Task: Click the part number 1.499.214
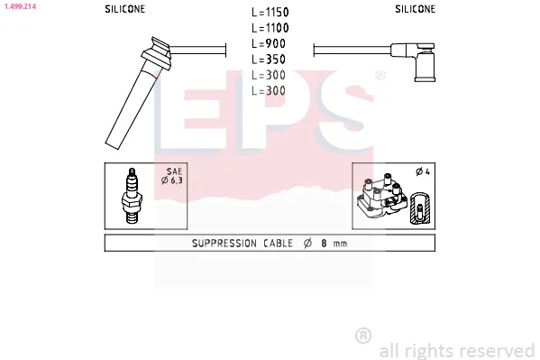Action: [x=20, y=6]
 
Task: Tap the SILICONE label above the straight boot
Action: [x=125, y=9]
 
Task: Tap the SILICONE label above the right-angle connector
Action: [x=415, y=9]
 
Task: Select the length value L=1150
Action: [x=270, y=13]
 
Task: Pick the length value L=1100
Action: [x=270, y=28]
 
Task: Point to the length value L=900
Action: [x=269, y=44]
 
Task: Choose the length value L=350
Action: [x=269, y=60]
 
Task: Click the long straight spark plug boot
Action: [x=138, y=93]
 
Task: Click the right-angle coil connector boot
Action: [x=413, y=61]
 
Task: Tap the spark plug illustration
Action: [x=132, y=196]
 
